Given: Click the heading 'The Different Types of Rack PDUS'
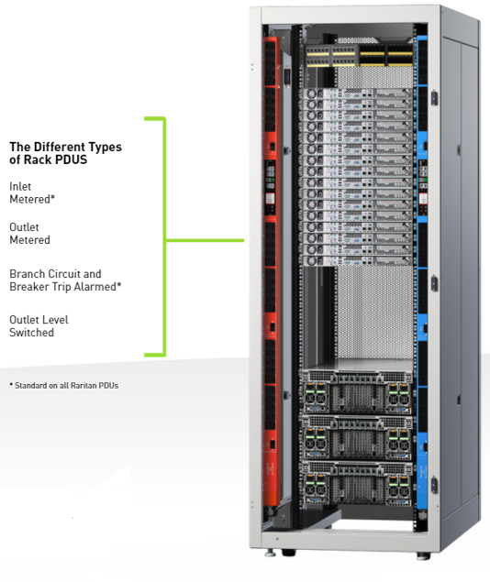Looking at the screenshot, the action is pyautogui.click(x=65, y=153).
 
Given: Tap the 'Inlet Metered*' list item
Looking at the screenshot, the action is pyautogui.click(x=32, y=192).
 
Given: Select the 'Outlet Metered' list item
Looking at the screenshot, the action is pyautogui.click(x=29, y=234).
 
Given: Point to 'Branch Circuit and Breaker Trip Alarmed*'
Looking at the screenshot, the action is pyautogui.click(x=65, y=280).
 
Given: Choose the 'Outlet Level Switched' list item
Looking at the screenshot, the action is pyautogui.click(x=39, y=326).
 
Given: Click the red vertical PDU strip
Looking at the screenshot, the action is pyautogui.click(x=270, y=271).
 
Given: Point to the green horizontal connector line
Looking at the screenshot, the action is pyautogui.click(x=205, y=240).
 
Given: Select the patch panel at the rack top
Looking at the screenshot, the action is pyautogui.click(x=359, y=56).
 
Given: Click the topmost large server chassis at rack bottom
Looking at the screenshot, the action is pyautogui.click(x=357, y=392).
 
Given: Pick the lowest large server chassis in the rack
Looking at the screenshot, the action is pyautogui.click(x=357, y=484).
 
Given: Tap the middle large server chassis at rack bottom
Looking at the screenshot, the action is pyautogui.click(x=357, y=438).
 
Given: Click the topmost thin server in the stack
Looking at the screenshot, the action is pyautogui.click(x=357, y=93).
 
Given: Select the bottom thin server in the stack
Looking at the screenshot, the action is pyautogui.click(x=357, y=260).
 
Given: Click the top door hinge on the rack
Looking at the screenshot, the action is pyautogui.click(x=434, y=98).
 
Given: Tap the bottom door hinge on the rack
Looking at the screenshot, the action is pyautogui.click(x=434, y=485).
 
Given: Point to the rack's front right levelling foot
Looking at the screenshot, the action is pyautogui.click(x=423, y=555).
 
